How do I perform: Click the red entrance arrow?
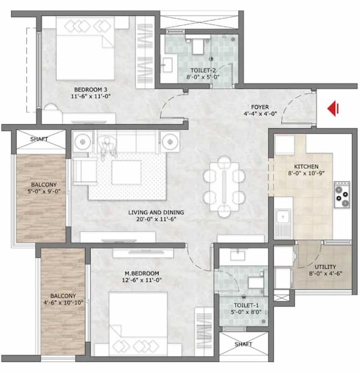[332, 108]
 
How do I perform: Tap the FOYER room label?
[260, 106]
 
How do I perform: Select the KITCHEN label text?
[307, 167]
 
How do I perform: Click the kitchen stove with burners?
[342, 194]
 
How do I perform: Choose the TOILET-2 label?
[201, 70]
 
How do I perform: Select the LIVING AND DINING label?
[156, 213]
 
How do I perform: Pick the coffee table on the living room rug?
[127, 172]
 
